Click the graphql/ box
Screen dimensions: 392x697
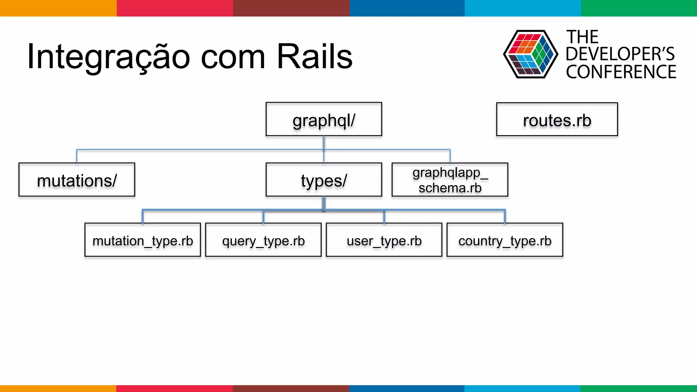pyautogui.click(x=324, y=119)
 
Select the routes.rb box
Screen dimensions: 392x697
pyautogui.click(x=557, y=119)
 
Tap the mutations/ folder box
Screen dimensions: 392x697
pyautogui.click(x=77, y=180)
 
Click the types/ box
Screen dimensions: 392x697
pyautogui.click(x=324, y=180)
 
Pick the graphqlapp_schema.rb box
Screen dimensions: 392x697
pyautogui.click(x=450, y=180)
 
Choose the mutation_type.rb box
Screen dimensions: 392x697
pyautogui.click(x=143, y=240)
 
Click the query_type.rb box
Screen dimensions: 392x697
pyautogui.click(x=263, y=240)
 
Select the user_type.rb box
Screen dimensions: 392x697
pyautogui.click(x=384, y=240)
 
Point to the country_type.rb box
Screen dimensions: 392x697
pyautogui.click(x=505, y=240)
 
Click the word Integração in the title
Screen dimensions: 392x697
pyautogui.click(x=108, y=57)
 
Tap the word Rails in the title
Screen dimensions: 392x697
pyautogui.click(x=314, y=56)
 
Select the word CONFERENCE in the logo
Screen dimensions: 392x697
pyautogui.click(x=621, y=72)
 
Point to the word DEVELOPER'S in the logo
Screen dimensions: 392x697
pyautogui.click(x=620, y=54)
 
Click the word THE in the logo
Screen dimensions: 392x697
pyautogui.click(x=582, y=37)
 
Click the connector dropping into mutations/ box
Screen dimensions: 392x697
pyautogui.click(x=77, y=156)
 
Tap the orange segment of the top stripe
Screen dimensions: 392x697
pyautogui.click(x=58, y=8)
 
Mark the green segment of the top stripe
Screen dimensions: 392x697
pyautogui.click(x=638, y=8)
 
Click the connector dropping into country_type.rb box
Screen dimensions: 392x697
pyautogui.click(x=505, y=216)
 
